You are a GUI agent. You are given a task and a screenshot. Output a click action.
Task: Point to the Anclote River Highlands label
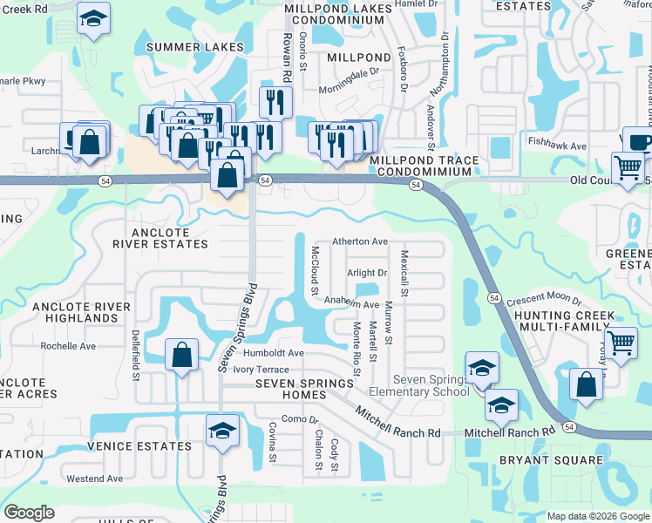point(81,312)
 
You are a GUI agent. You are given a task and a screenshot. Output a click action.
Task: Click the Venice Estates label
point(139,446)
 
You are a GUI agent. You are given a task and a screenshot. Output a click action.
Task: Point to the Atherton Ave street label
point(359,241)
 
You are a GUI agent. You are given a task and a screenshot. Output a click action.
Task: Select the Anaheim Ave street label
point(352,305)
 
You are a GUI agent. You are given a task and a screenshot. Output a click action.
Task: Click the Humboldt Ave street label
point(274,353)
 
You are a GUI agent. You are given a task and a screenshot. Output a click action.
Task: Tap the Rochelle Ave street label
point(68,346)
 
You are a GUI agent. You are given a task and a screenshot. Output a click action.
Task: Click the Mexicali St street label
point(404,273)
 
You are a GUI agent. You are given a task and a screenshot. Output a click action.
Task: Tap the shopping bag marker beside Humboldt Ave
point(180,356)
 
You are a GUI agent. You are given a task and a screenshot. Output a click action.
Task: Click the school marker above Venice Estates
point(222,431)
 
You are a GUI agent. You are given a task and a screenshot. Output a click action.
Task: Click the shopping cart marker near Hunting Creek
point(621,343)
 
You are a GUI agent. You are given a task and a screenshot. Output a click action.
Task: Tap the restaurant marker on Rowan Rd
point(275,102)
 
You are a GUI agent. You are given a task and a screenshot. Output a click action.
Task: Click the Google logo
point(30,513)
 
